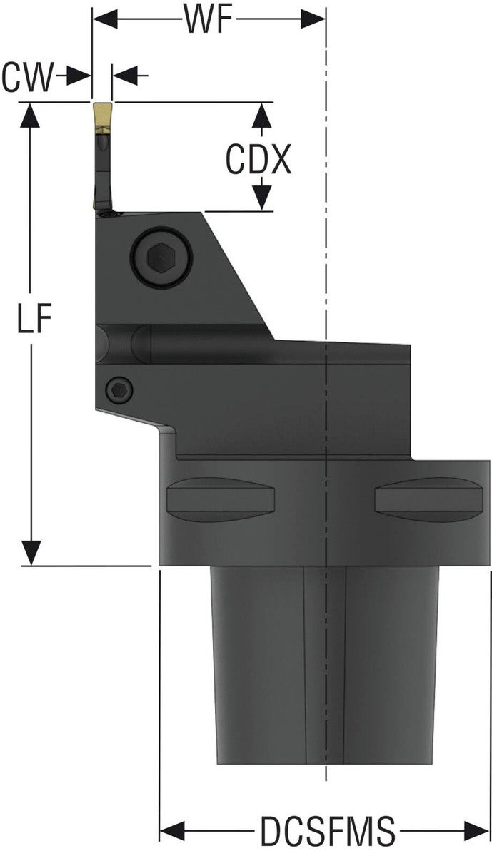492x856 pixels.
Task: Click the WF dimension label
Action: tap(209, 19)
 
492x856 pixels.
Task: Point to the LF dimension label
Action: tap(34, 320)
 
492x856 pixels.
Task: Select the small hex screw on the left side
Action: tap(118, 389)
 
